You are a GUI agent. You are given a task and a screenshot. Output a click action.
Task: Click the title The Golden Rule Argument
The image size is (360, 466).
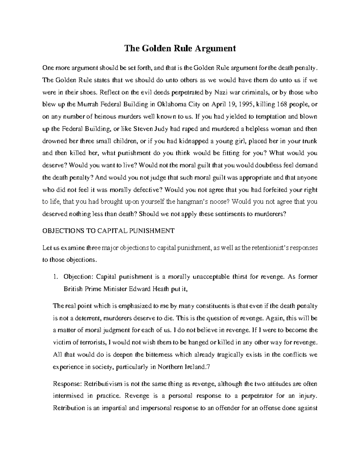point(180,48)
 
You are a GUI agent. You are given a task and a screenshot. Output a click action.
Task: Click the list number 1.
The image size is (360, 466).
point(55,277)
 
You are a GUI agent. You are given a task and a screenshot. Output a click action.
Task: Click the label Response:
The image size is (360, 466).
point(67,383)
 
